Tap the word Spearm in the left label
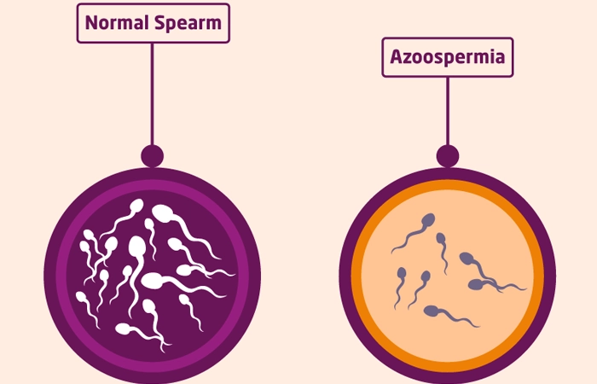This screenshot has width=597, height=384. click(187, 23)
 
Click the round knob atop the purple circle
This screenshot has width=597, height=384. click(152, 156)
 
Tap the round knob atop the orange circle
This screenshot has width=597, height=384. click(447, 156)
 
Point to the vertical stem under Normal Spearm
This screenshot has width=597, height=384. click(152, 94)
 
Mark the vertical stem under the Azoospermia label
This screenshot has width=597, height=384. click(447, 111)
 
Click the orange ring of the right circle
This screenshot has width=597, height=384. click(446, 185)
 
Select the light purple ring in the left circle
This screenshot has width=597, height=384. click(152, 189)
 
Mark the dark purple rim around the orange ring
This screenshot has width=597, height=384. click(446, 173)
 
